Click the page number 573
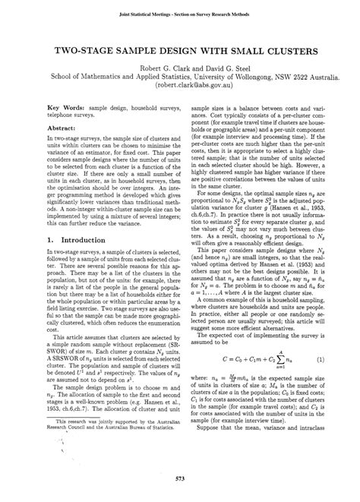click(180, 477)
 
